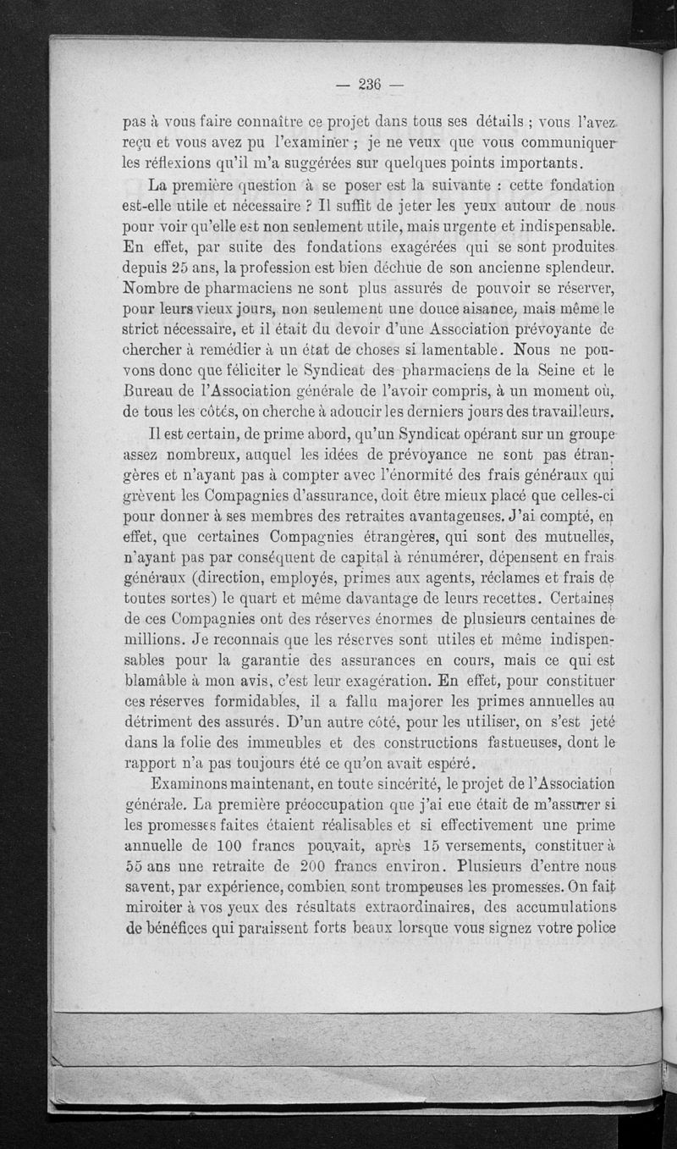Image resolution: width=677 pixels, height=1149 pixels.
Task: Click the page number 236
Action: [372, 84]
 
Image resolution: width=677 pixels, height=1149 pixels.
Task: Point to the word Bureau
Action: [148, 390]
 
